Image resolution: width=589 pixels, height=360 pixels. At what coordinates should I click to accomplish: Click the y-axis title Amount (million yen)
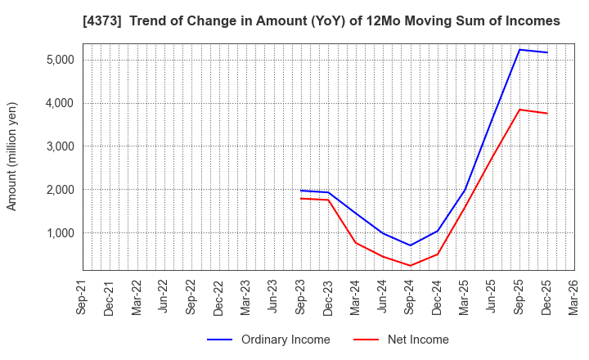click(x=12, y=156)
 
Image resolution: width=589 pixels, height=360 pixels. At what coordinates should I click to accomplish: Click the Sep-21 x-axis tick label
click(x=83, y=296)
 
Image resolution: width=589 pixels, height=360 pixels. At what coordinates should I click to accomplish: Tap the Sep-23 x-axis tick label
click(x=301, y=296)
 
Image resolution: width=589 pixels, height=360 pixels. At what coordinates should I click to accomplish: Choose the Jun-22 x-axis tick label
click(x=164, y=296)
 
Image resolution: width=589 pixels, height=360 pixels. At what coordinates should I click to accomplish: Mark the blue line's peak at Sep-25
click(x=519, y=50)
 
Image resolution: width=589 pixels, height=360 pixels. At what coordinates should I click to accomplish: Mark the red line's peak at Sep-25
click(x=519, y=110)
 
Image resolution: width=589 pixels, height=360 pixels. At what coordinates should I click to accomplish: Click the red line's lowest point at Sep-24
click(x=410, y=266)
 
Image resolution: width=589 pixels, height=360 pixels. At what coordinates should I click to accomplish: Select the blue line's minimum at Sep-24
click(x=410, y=245)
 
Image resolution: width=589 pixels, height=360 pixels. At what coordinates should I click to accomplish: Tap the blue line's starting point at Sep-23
click(x=301, y=191)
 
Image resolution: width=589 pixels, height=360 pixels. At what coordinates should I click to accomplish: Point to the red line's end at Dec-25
click(x=546, y=113)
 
